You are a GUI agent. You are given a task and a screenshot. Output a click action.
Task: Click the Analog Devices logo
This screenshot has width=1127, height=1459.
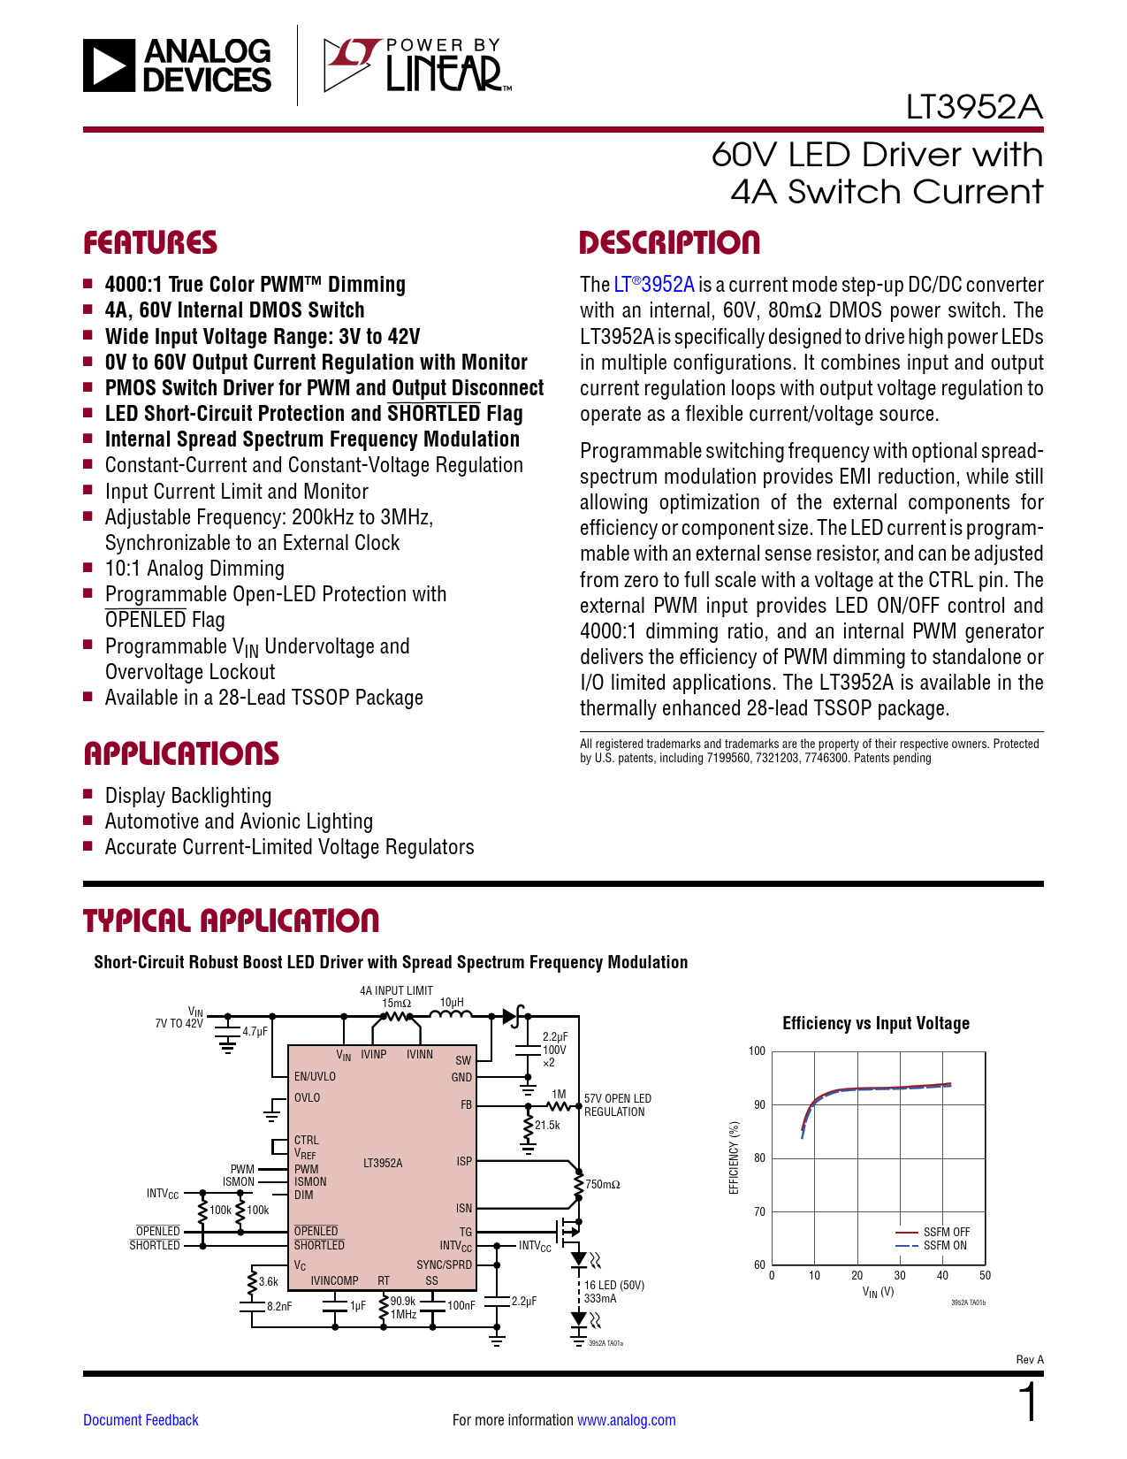[x=178, y=65]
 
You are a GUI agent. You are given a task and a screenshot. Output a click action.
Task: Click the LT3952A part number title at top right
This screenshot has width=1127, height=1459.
[x=974, y=107]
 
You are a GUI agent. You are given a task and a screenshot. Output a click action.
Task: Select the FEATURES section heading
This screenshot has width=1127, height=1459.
[x=150, y=243]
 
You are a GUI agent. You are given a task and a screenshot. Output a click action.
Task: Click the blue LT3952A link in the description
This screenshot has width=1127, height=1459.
[x=654, y=285]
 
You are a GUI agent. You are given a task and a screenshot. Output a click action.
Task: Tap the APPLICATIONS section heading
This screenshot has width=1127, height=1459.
[x=181, y=753]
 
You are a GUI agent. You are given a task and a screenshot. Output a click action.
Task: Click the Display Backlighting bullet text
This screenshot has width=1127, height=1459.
[x=188, y=796]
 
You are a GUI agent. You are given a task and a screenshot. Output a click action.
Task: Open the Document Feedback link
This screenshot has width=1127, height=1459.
[x=141, y=1420]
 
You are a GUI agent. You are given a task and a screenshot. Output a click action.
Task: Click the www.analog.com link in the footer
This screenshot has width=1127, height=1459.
[x=626, y=1420]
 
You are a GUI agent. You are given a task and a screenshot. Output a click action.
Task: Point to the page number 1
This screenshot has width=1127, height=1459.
[x=1029, y=1403]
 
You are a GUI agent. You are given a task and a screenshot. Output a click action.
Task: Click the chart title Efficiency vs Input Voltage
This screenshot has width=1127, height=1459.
[x=876, y=1023]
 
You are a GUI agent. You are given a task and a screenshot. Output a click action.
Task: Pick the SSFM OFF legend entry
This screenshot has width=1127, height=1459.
[x=946, y=1232]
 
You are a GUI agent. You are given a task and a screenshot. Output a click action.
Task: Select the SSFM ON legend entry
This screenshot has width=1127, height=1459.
[x=944, y=1246]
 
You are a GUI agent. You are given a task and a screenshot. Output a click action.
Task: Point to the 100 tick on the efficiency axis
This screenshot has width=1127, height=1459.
[x=757, y=1051]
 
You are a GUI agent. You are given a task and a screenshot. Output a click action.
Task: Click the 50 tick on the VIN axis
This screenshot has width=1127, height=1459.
[x=985, y=1276]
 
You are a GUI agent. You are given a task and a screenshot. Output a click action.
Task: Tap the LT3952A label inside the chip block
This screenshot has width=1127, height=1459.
[x=383, y=1163]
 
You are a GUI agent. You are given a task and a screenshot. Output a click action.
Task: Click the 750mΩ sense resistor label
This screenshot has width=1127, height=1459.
[x=603, y=1185]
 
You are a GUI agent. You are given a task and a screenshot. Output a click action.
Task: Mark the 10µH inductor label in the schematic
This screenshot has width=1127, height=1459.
[x=452, y=1003]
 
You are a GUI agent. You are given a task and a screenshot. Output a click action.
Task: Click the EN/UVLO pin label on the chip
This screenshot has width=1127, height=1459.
[x=315, y=1077]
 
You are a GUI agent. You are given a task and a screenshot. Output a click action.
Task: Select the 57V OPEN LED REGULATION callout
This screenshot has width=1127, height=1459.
[x=617, y=1105]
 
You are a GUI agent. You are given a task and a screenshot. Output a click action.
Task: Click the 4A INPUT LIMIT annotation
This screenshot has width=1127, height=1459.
[x=396, y=991]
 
